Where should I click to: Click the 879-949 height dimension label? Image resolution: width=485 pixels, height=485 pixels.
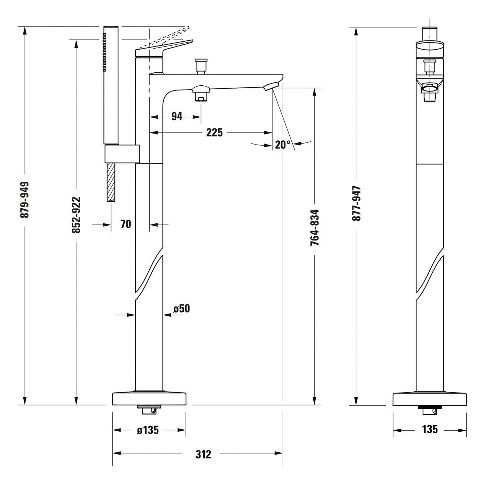coord(25,199)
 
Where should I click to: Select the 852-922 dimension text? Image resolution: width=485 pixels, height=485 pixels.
coord(76,215)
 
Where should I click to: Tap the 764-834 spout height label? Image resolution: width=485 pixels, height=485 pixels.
coord(315,228)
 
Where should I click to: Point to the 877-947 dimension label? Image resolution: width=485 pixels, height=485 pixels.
coord(356,203)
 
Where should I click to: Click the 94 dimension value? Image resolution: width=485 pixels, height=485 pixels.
coord(177,116)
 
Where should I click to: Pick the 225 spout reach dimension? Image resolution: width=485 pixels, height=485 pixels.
coord(214,132)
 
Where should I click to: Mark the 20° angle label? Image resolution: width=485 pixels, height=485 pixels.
coord(283,145)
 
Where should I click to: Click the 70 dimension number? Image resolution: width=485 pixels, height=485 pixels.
coord(126,224)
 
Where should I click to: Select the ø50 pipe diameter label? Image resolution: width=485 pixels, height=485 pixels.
coord(181,309)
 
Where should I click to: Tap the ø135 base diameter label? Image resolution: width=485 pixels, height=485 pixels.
coord(148,430)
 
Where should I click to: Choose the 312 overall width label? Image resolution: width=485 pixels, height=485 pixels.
coord(203,454)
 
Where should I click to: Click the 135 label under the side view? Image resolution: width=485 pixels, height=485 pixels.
coord(430,429)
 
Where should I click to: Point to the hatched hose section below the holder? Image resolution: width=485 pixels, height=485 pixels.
coord(111,182)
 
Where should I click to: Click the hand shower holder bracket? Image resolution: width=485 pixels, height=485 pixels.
coord(122,154)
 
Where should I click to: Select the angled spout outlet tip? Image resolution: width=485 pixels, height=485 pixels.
coord(271,86)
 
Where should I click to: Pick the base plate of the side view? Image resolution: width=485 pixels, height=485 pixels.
coord(430,399)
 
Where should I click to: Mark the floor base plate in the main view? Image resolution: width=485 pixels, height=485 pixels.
coord(149,399)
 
